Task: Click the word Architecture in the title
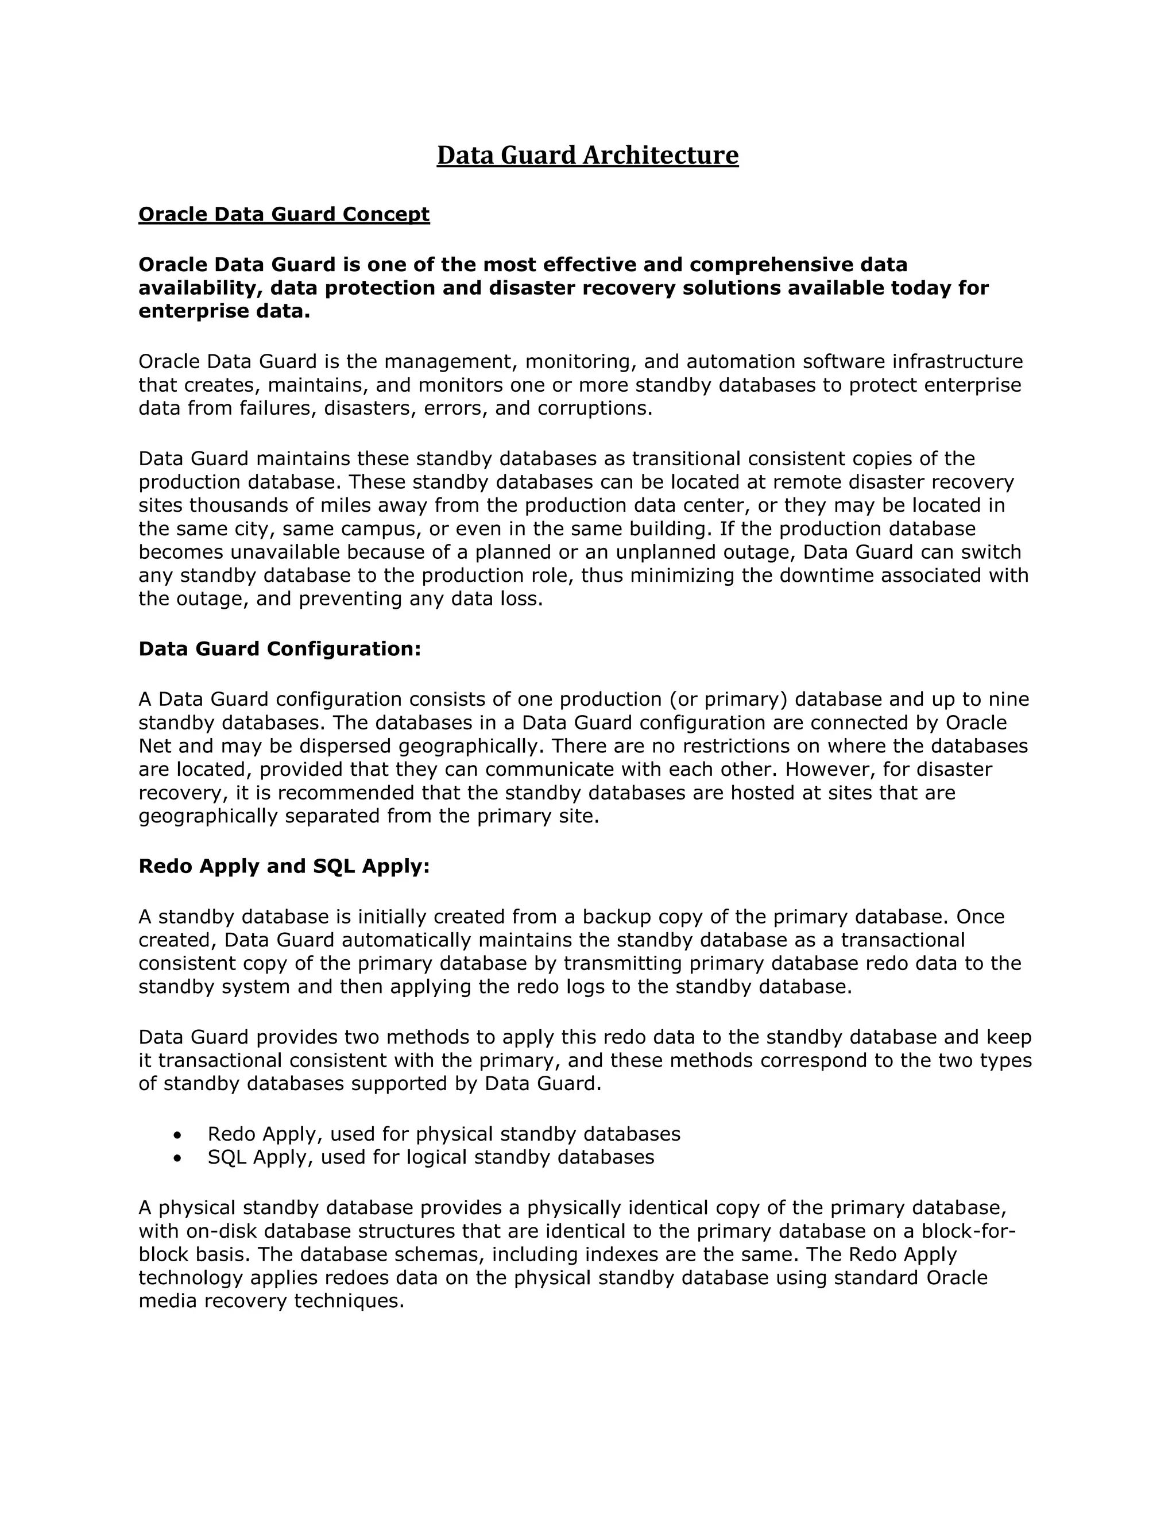[x=660, y=154]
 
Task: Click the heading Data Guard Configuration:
[x=280, y=649]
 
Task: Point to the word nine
[x=1009, y=699]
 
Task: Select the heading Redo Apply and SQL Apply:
[x=284, y=866]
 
